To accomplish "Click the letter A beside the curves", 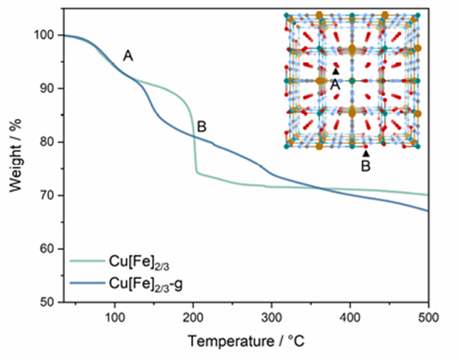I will point(128,56).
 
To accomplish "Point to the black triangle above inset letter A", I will point(335,71).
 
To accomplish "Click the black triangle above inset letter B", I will point(366,153).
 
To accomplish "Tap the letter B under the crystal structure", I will point(366,165).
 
